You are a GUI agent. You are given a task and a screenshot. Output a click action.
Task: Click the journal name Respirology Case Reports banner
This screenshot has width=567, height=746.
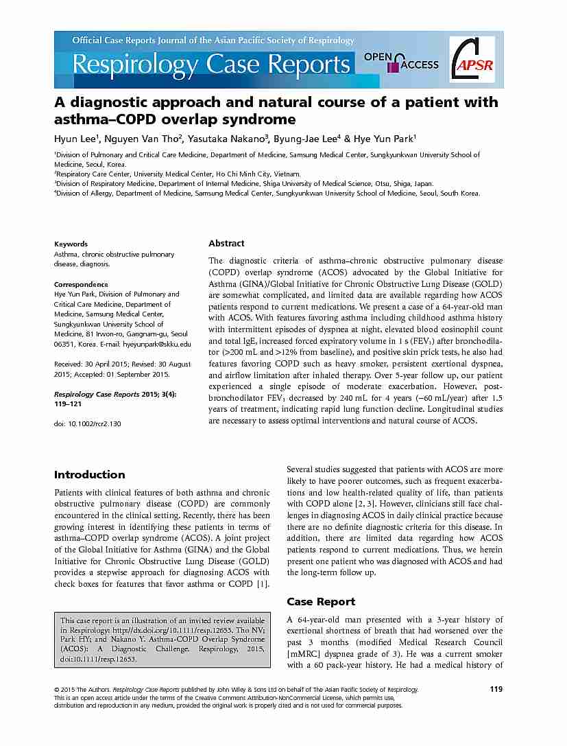[x=211, y=65]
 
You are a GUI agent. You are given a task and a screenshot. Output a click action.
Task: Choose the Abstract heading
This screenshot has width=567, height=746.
[x=226, y=243]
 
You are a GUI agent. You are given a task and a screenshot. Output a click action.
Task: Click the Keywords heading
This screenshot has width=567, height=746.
[x=71, y=244]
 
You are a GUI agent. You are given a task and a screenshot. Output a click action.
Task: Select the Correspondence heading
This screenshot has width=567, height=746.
[x=81, y=284]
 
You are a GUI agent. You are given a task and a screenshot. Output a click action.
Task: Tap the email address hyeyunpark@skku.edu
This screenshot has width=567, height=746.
[x=160, y=344]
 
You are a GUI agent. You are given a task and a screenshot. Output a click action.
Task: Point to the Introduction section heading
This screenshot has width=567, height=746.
[x=89, y=474]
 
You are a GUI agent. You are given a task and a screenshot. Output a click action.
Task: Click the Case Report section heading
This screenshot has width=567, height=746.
[x=321, y=601]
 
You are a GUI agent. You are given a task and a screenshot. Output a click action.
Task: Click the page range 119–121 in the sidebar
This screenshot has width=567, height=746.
[x=69, y=405]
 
